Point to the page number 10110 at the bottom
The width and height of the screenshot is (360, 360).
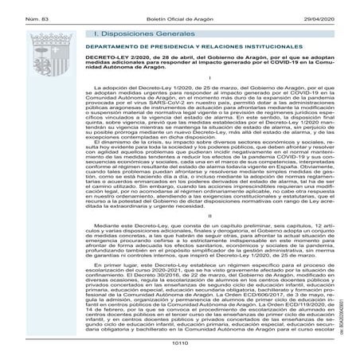click(x=180, y=353)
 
